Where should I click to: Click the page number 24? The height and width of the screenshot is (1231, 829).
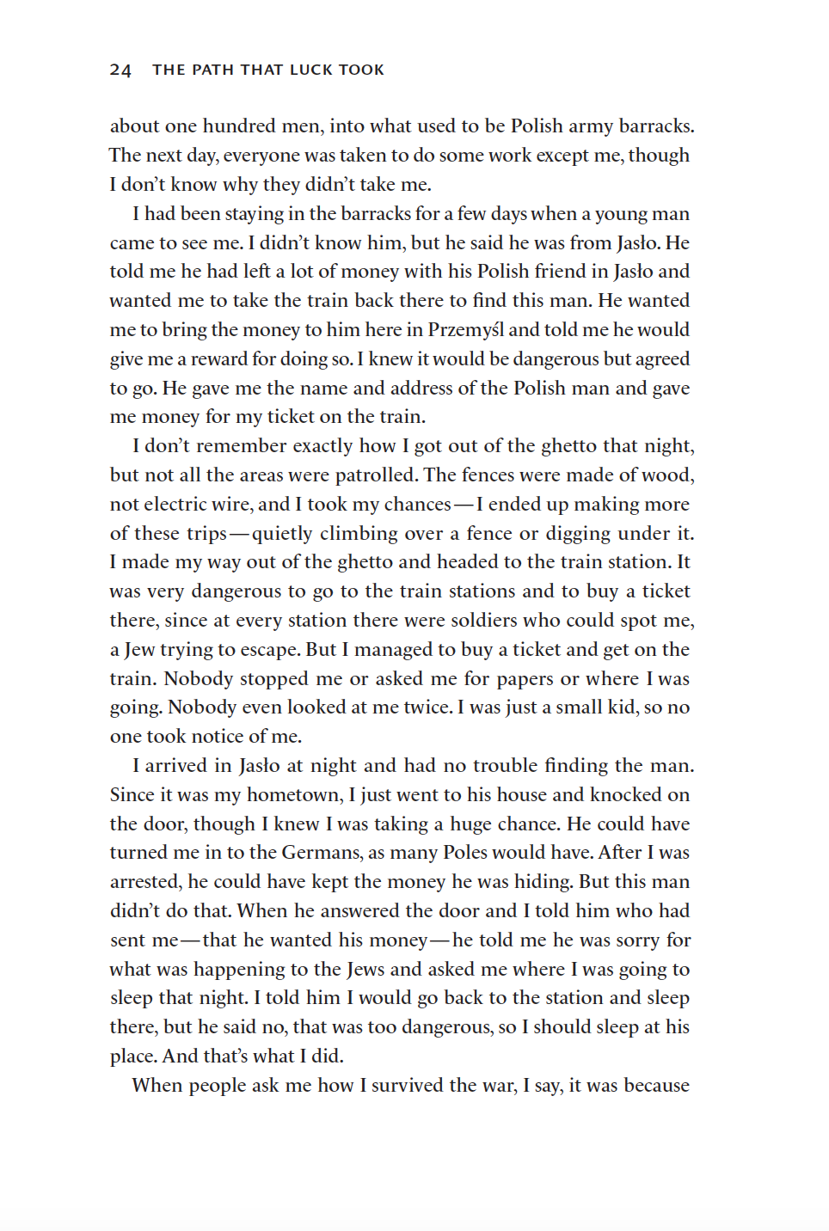click(x=120, y=70)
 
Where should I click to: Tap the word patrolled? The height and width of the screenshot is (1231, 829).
click(x=375, y=475)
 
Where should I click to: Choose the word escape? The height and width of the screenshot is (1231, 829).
click(x=270, y=650)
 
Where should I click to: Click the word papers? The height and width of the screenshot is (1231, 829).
click(x=520, y=679)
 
